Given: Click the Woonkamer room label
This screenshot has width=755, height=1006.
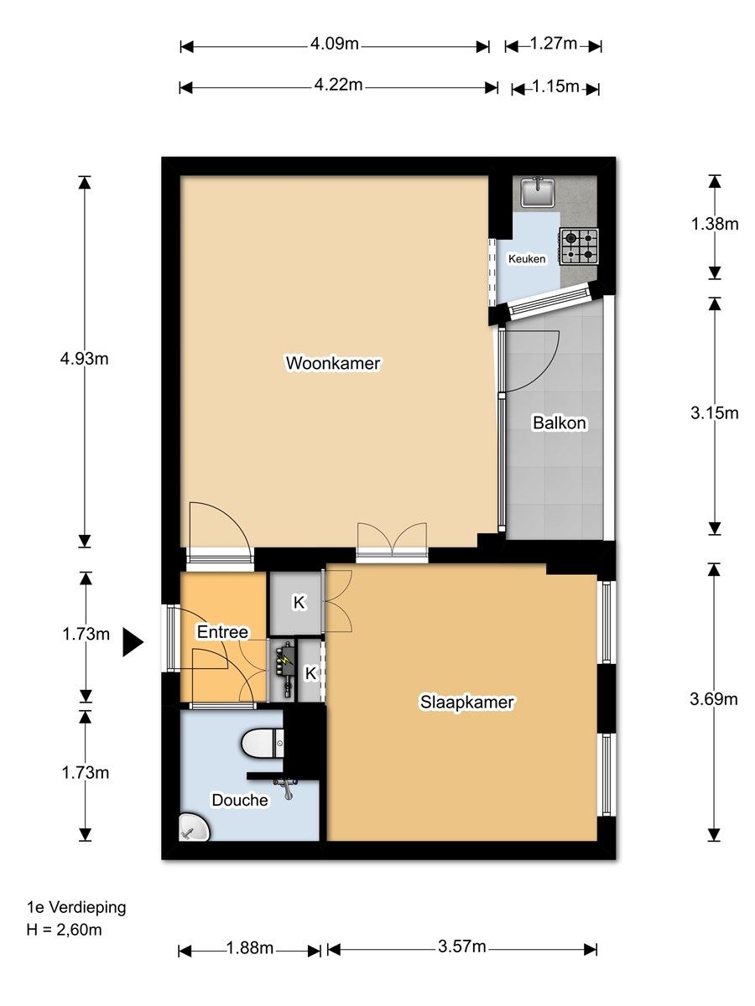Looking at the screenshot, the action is (333, 363).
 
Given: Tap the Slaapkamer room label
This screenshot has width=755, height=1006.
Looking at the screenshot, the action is (467, 702).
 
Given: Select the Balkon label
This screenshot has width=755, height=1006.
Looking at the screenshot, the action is (560, 423).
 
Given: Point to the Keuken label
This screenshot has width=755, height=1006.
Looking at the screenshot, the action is (527, 259).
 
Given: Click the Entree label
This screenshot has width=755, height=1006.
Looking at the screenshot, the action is (222, 632).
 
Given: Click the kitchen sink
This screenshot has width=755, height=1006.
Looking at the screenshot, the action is (538, 192).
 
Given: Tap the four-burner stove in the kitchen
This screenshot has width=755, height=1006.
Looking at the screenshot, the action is (580, 246).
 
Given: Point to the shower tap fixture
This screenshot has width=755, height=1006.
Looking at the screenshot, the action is (287, 788).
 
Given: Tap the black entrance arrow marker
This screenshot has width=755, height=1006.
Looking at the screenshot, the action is (133, 642).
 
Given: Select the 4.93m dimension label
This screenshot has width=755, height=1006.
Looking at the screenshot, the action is (85, 359).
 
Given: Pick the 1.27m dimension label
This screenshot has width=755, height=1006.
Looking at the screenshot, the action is (554, 44).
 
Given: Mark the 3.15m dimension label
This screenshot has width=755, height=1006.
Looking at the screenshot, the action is (714, 413).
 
